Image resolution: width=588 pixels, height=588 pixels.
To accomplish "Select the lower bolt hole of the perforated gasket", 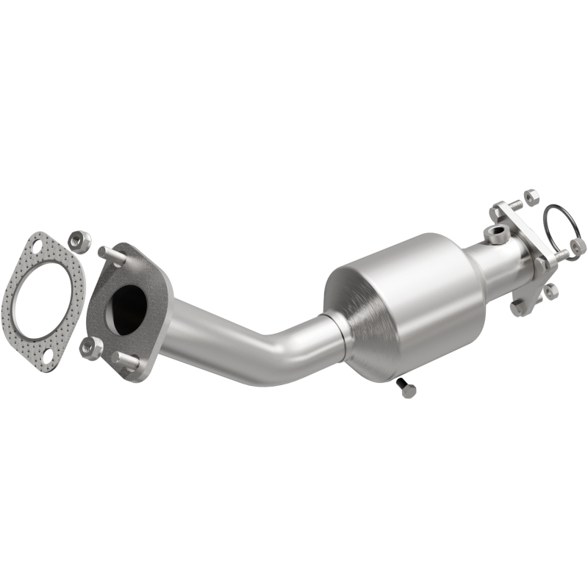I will tap(46, 358).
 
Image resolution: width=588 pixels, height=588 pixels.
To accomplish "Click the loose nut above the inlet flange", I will tap(79, 240).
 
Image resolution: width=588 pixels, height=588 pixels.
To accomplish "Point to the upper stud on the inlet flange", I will tap(108, 254).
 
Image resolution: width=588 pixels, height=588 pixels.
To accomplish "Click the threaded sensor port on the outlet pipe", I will tap(498, 234).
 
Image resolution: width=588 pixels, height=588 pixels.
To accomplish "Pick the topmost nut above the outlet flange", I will tap(531, 198).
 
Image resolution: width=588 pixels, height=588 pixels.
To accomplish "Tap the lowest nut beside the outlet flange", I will tap(551, 292).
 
